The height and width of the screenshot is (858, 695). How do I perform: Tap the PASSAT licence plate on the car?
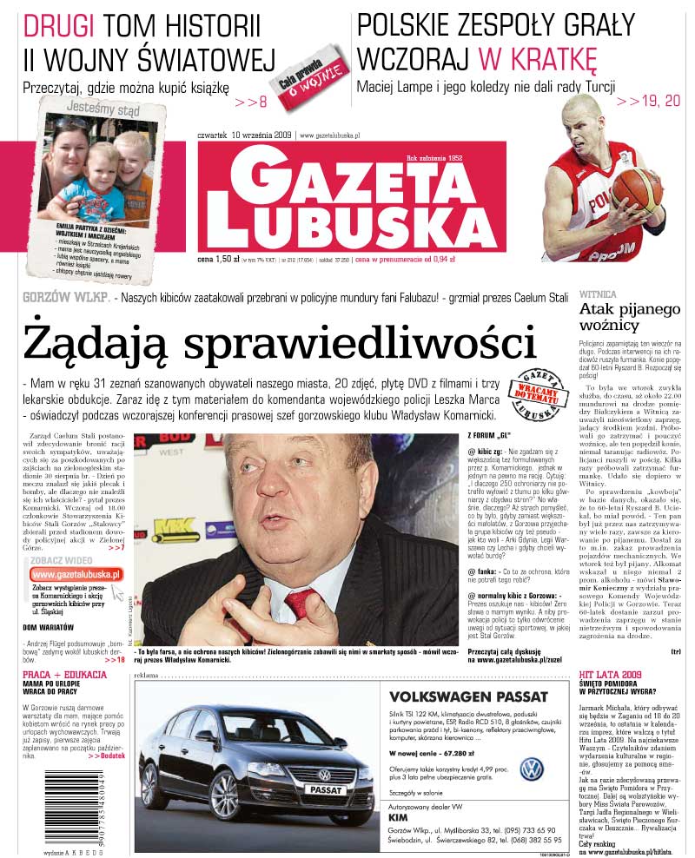(327, 791)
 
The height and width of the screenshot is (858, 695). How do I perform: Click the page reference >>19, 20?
(648, 102)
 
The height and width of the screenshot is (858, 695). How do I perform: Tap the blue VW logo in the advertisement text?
(531, 768)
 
